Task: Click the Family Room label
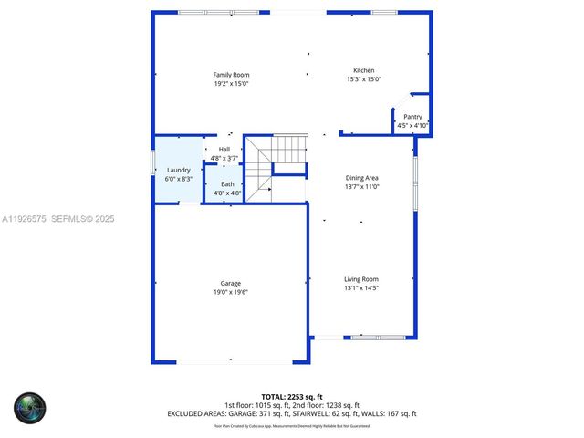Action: click(x=231, y=75)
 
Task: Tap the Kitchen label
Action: click(x=364, y=70)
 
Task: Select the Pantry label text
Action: click(x=412, y=117)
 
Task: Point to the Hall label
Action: click(x=224, y=150)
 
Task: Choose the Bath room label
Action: click(x=226, y=184)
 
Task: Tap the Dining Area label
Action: click(x=361, y=178)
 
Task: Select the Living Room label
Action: click(x=360, y=279)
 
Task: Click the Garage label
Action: click(x=230, y=284)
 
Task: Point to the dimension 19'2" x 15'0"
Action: click(x=231, y=83)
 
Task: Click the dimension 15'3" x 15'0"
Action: click(x=363, y=79)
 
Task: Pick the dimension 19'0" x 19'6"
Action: click(x=230, y=292)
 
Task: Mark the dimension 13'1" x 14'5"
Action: click(x=360, y=287)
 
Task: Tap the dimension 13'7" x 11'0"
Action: click(x=361, y=186)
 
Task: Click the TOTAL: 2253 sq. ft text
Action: click(x=291, y=396)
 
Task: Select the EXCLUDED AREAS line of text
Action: click(x=291, y=413)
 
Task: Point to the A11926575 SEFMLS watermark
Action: click(x=57, y=219)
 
